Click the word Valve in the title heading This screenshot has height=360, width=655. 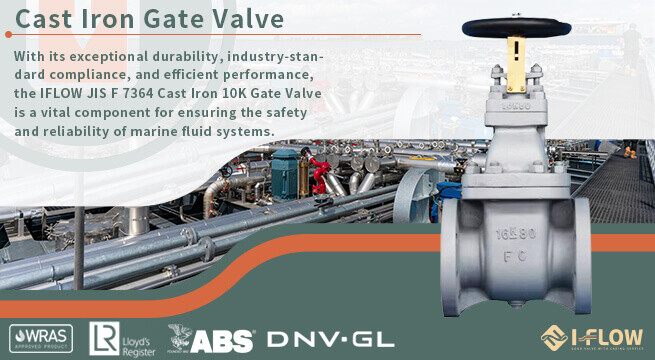coord(246,19)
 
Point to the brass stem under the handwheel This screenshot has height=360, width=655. coord(516,58)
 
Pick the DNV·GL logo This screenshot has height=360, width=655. coord(316,339)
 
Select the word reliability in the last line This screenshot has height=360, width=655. coord(87,131)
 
